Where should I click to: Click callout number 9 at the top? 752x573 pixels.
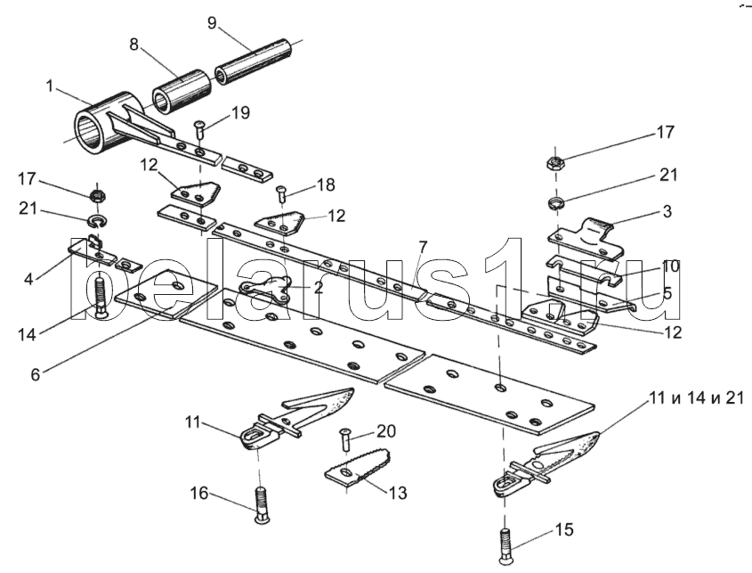tap(212, 23)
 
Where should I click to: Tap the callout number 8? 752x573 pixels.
tap(133, 45)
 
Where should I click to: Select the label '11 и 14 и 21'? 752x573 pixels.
tap(696, 397)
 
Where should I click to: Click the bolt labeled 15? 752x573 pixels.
tap(505, 545)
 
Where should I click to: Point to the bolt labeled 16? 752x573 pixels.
tap(261, 506)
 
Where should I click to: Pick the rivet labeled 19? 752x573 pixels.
tap(199, 130)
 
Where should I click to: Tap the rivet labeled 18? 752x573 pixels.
tap(282, 194)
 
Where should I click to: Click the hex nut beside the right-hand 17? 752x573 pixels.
tap(555, 162)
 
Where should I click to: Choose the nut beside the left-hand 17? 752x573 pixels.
tap(98, 195)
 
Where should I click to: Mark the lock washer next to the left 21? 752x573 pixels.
tap(98, 221)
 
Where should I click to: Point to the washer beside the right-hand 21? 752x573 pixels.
tap(556, 203)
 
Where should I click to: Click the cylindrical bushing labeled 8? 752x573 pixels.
tap(182, 91)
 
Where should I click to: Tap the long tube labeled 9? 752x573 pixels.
tap(253, 62)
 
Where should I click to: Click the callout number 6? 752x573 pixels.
tap(35, 374)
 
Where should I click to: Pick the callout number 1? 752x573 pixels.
tap(49, 86)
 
